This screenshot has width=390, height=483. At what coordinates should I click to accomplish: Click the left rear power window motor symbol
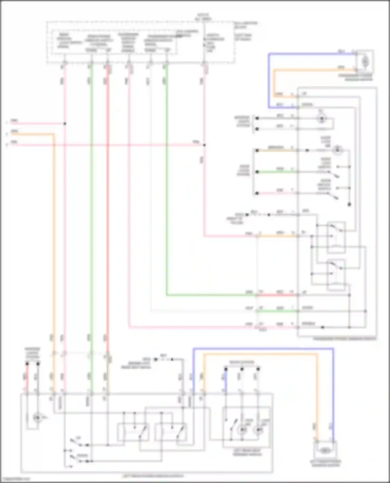pos(324,451)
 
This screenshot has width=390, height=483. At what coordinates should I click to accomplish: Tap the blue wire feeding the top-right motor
pos(312,54)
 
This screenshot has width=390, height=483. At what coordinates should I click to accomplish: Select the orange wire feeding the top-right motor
pos(312,70)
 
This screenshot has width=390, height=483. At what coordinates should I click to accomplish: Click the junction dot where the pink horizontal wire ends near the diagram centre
pos(204,145)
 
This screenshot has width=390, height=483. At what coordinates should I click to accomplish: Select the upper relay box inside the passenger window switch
pos(336,237)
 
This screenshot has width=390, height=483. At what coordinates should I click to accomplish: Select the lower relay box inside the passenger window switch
pos(336,274)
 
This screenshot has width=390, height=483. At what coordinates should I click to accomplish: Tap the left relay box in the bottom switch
pos(133,432)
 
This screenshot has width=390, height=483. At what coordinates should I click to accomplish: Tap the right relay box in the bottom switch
pos(171,432)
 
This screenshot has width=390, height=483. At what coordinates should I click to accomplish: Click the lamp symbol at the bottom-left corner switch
pos(37,418)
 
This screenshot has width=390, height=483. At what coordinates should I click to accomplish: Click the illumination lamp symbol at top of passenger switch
pos(322,119)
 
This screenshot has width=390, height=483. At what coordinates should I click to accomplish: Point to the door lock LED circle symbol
pos(337,150)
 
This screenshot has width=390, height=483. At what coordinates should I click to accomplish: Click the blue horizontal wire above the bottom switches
pos(263,349)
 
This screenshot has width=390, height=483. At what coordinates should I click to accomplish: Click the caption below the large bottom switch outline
pos(153,476)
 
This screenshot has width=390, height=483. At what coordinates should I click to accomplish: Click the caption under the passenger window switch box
pos(344,339)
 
